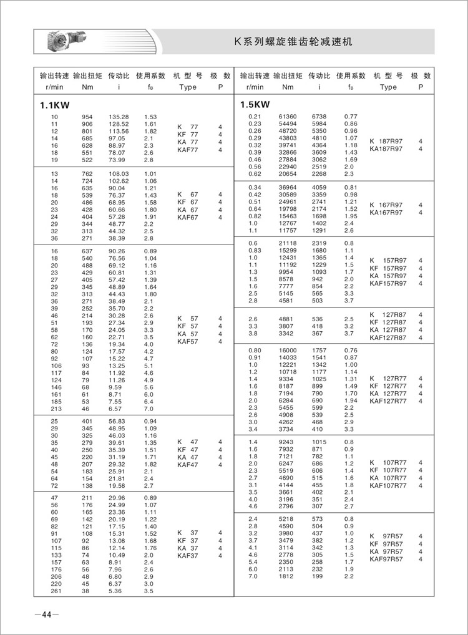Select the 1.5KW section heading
(255, 105)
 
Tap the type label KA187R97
(386, 148)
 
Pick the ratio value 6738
(319, 117)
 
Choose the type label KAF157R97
(388, 283)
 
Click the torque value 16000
(288, 350)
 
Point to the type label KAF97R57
(386, 559)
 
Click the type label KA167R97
(386, 213)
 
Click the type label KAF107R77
(388, 485)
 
